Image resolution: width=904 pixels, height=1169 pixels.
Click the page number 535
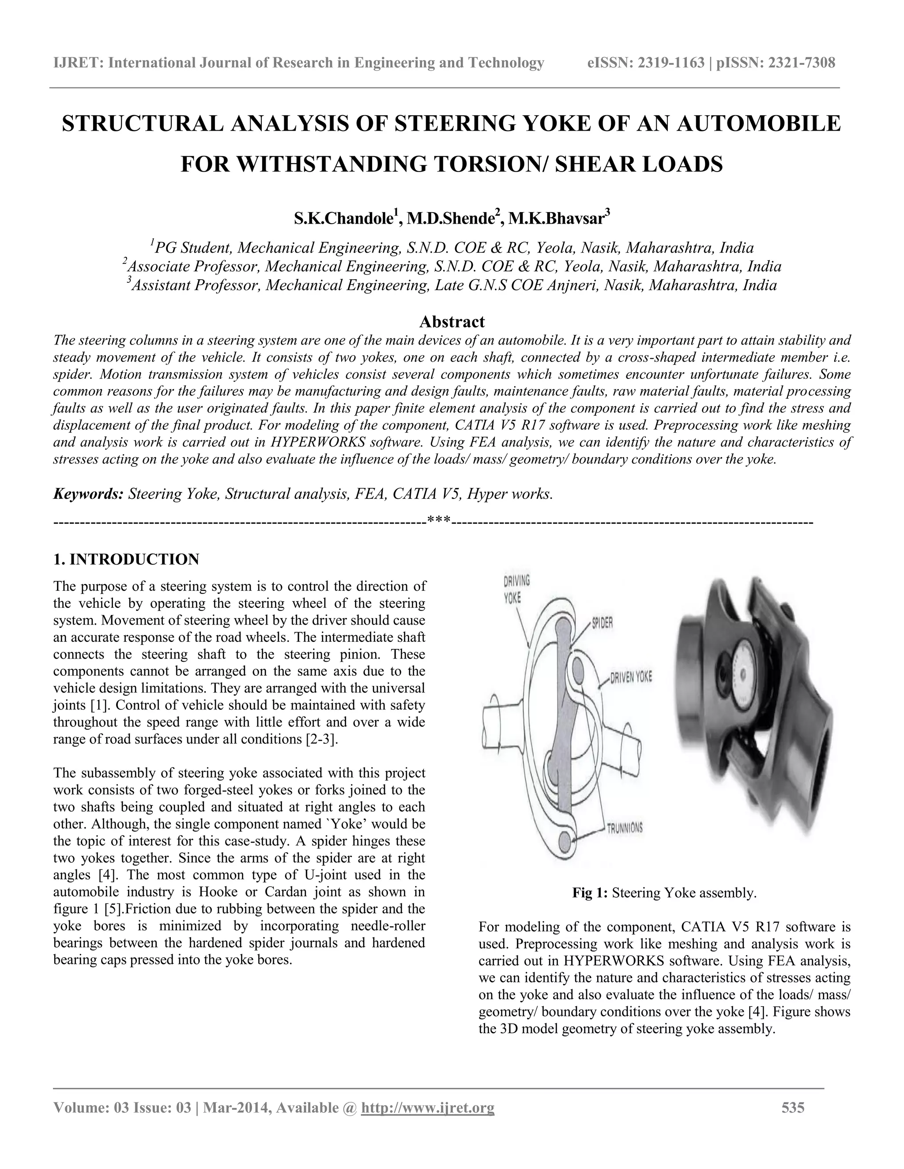coord(793,1107)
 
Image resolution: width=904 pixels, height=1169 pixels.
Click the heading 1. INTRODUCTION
coord(126,559)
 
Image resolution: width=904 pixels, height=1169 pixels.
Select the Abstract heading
coord(452,322)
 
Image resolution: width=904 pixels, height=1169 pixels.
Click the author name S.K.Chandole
coord(343,219)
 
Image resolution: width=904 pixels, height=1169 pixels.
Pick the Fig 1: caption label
coord(590,893)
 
